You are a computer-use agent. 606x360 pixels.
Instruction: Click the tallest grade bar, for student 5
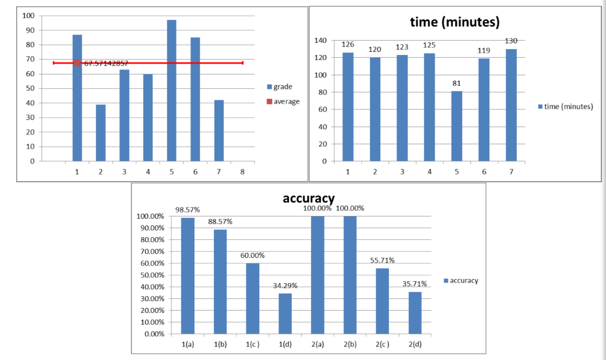(171, 90)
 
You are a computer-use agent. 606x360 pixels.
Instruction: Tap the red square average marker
(77, 63)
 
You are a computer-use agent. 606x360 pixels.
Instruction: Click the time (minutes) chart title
(454, 22)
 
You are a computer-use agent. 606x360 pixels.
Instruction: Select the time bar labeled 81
(457, 126)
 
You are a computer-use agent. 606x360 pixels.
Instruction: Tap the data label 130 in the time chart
(511, 41)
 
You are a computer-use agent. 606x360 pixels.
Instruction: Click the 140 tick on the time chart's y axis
(320, 40)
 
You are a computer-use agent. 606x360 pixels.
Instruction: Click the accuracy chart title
(308, 198)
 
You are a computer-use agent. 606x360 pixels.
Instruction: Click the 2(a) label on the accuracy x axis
(317, 345)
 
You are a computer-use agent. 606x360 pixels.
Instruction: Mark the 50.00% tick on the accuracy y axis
(151, 275)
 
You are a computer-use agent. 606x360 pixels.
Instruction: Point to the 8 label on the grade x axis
(242, 171)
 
